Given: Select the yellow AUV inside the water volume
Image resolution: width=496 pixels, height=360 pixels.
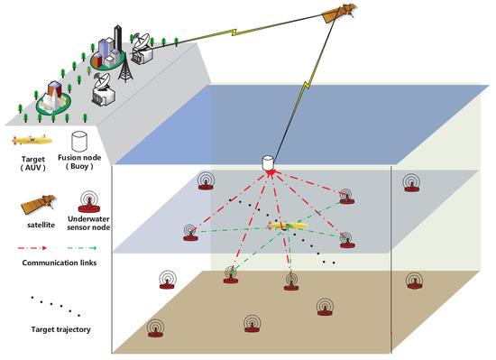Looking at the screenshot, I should (280, 225).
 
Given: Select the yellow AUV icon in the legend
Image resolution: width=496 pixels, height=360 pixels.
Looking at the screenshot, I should (31, 141).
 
